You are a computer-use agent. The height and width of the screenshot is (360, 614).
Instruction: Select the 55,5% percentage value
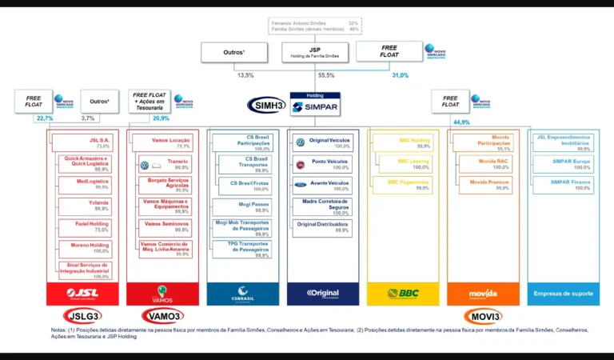coord(325,75)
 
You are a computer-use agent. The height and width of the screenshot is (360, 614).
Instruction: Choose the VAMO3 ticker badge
coord(162,315)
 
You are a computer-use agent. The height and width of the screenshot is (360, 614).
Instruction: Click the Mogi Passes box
coord(241,206)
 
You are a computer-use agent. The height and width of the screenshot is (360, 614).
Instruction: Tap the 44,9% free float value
coord(462,122)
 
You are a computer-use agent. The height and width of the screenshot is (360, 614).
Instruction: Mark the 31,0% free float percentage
coord(400,75)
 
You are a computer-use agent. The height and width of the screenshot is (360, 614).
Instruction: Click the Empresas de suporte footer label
coord(564,294)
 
